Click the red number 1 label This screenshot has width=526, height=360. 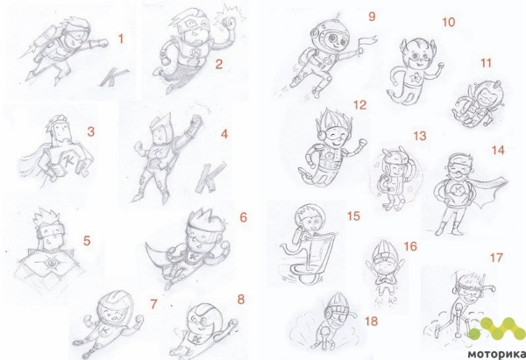point(121,39)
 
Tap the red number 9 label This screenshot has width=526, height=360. point(372,17)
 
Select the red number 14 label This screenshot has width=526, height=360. point(498,150)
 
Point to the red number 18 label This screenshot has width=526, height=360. point(371,321)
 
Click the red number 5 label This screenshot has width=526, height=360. point(87,241)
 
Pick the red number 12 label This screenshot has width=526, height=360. point(359,105)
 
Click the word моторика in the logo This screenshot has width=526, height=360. point(496,354)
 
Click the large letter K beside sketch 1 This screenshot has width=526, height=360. point(113,77)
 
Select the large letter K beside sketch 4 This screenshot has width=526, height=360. point(210,177)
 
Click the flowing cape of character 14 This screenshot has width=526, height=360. point(492,191)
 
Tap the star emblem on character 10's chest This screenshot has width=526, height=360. point(416,78)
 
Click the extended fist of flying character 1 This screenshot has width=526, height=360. point(103,43)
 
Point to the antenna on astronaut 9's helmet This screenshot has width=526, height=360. point(338,16)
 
